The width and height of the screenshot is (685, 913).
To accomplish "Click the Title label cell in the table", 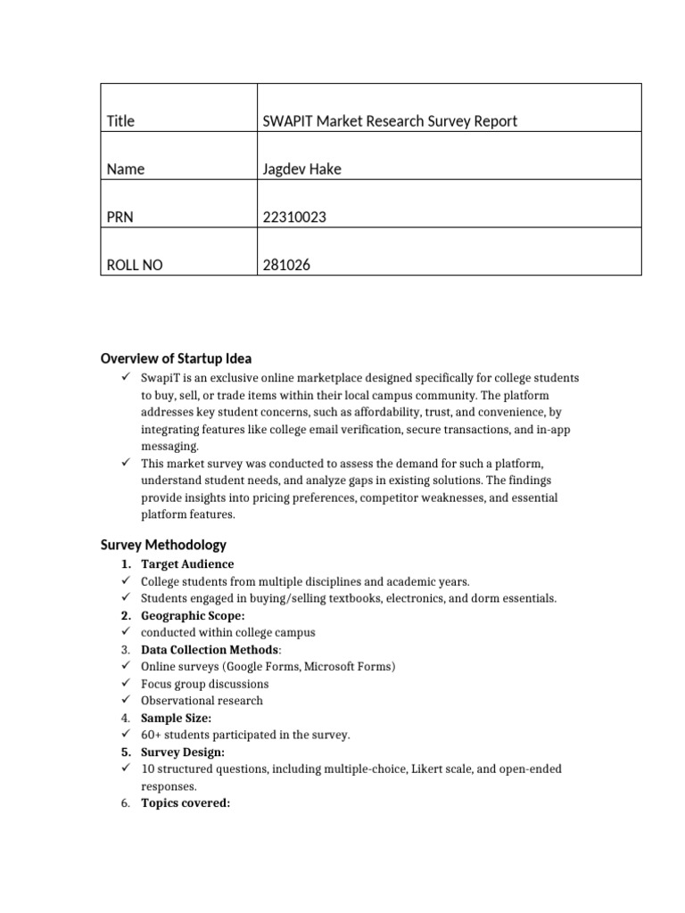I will click(120, 120).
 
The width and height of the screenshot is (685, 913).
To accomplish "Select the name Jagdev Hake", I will click(301, 169).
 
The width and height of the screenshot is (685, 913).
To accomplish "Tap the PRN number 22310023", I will click(289, 217).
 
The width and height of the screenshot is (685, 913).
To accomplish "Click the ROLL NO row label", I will click(134, 265).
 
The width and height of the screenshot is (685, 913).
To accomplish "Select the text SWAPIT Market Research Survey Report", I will click(390, 120).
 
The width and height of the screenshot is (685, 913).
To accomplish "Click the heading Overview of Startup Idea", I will click(176, 358).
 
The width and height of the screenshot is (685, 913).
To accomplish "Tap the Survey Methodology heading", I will click(163, 544).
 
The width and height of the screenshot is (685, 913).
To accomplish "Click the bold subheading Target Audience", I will click(187, 564).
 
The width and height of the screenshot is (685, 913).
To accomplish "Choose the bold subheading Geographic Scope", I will click(193, 615).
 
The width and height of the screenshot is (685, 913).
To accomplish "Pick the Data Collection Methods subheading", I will click(210, 650).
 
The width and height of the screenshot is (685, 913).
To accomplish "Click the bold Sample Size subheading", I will click(177, 718).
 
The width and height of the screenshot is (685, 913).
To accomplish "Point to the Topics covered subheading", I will click(186, 802).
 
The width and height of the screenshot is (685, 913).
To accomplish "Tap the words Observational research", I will click(202, 701).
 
